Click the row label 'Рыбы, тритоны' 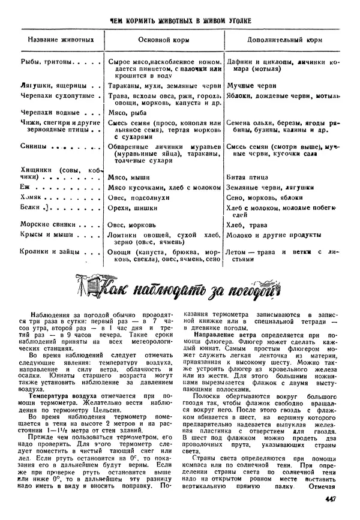47,61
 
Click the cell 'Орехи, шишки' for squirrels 128,207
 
